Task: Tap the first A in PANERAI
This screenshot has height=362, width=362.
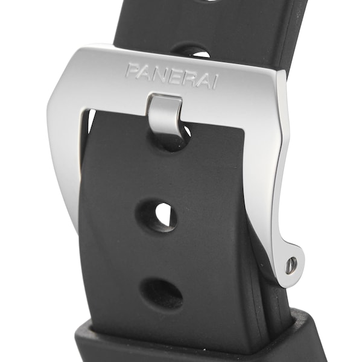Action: pos(145,72)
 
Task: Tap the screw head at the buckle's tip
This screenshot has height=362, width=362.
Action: pos(291,263)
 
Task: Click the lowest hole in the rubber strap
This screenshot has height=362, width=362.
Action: pos(162,293)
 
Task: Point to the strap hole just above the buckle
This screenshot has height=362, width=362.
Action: pos(189,49)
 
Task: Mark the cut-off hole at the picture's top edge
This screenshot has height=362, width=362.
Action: pos(213,2)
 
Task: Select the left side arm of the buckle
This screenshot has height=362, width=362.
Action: pos(66,157)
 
